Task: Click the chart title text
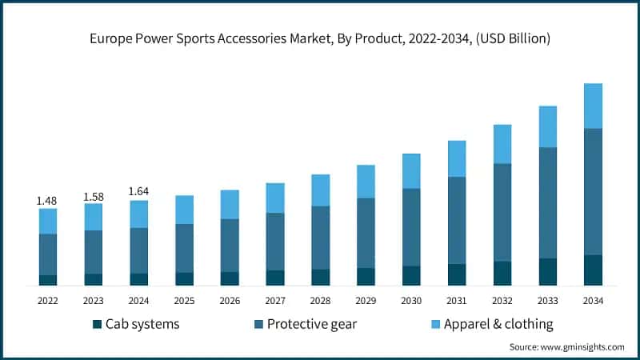coord(320,38)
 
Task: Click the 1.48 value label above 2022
coord(47,200)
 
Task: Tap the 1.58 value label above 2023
coord(93,195)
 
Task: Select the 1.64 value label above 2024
coord(138,191)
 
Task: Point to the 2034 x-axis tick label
coord(593,300)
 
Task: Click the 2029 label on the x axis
coord(366,300)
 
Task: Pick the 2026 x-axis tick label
coord(230,300)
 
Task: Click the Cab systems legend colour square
coord(98,324)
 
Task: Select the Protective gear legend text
coord(312,324)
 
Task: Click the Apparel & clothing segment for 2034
coord(593,106)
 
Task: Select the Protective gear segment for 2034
coord(593,191)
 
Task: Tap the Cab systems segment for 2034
coord(593,270)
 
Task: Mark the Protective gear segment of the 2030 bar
coord(411,227)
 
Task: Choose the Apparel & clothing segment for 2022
coord(48,221)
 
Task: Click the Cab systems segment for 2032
coord(502,273)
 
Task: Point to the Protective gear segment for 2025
coord(184,248)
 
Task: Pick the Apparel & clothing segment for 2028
coord(320,190)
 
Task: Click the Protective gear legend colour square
coord(258,324)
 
